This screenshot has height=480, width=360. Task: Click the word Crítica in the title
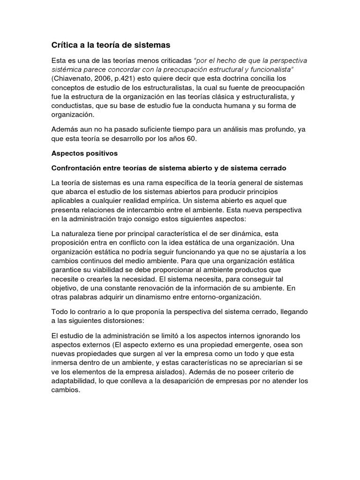(x=65, y=45)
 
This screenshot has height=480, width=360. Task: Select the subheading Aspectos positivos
(x=84, y=153)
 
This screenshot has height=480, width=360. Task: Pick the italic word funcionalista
(x=271, y=69)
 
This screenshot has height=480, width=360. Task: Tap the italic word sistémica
(x=66, y=69)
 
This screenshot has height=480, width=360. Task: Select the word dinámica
(x=261, y=233)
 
